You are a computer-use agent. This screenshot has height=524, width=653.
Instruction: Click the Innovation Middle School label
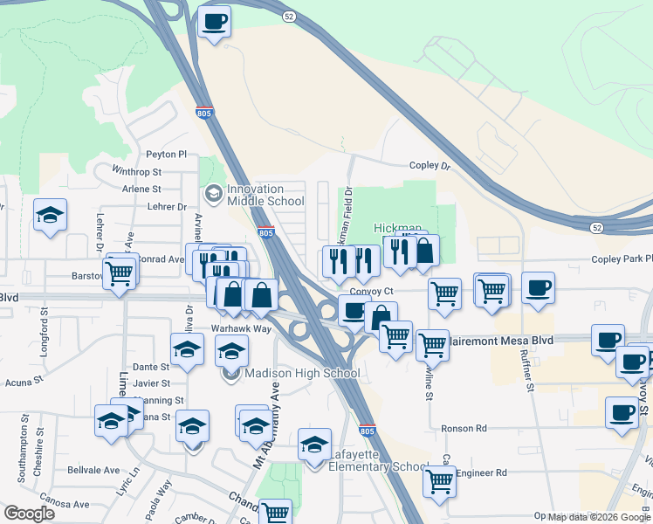(254, 195)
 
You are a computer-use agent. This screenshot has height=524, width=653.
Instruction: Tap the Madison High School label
(295, 374)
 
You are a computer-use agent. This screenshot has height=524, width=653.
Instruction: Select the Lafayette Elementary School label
(378, 460)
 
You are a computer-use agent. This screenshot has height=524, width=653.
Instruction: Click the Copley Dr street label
(430, 165)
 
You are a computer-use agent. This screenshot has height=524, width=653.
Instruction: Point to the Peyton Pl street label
(167, 154)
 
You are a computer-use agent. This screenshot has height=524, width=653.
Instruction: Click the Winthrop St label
(137, 172)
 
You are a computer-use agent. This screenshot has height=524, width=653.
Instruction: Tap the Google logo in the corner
(29, 513)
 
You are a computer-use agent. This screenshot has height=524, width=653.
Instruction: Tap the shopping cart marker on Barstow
(120, 272)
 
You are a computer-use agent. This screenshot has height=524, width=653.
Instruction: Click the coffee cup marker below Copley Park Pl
(538, 287)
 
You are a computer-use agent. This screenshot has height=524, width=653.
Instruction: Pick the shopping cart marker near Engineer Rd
(438, 479)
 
